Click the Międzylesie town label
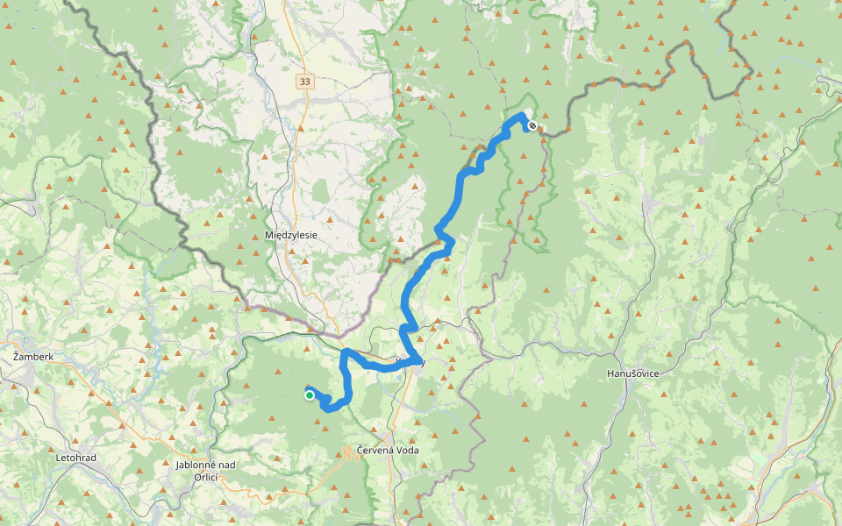point(290,235)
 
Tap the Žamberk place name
point(33,357)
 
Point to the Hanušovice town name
point(632,373)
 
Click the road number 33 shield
point(304,82)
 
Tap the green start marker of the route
point(310,395)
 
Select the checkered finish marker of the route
point(532,125)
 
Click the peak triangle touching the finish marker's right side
point(541,129)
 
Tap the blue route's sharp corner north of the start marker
point(345,352)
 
